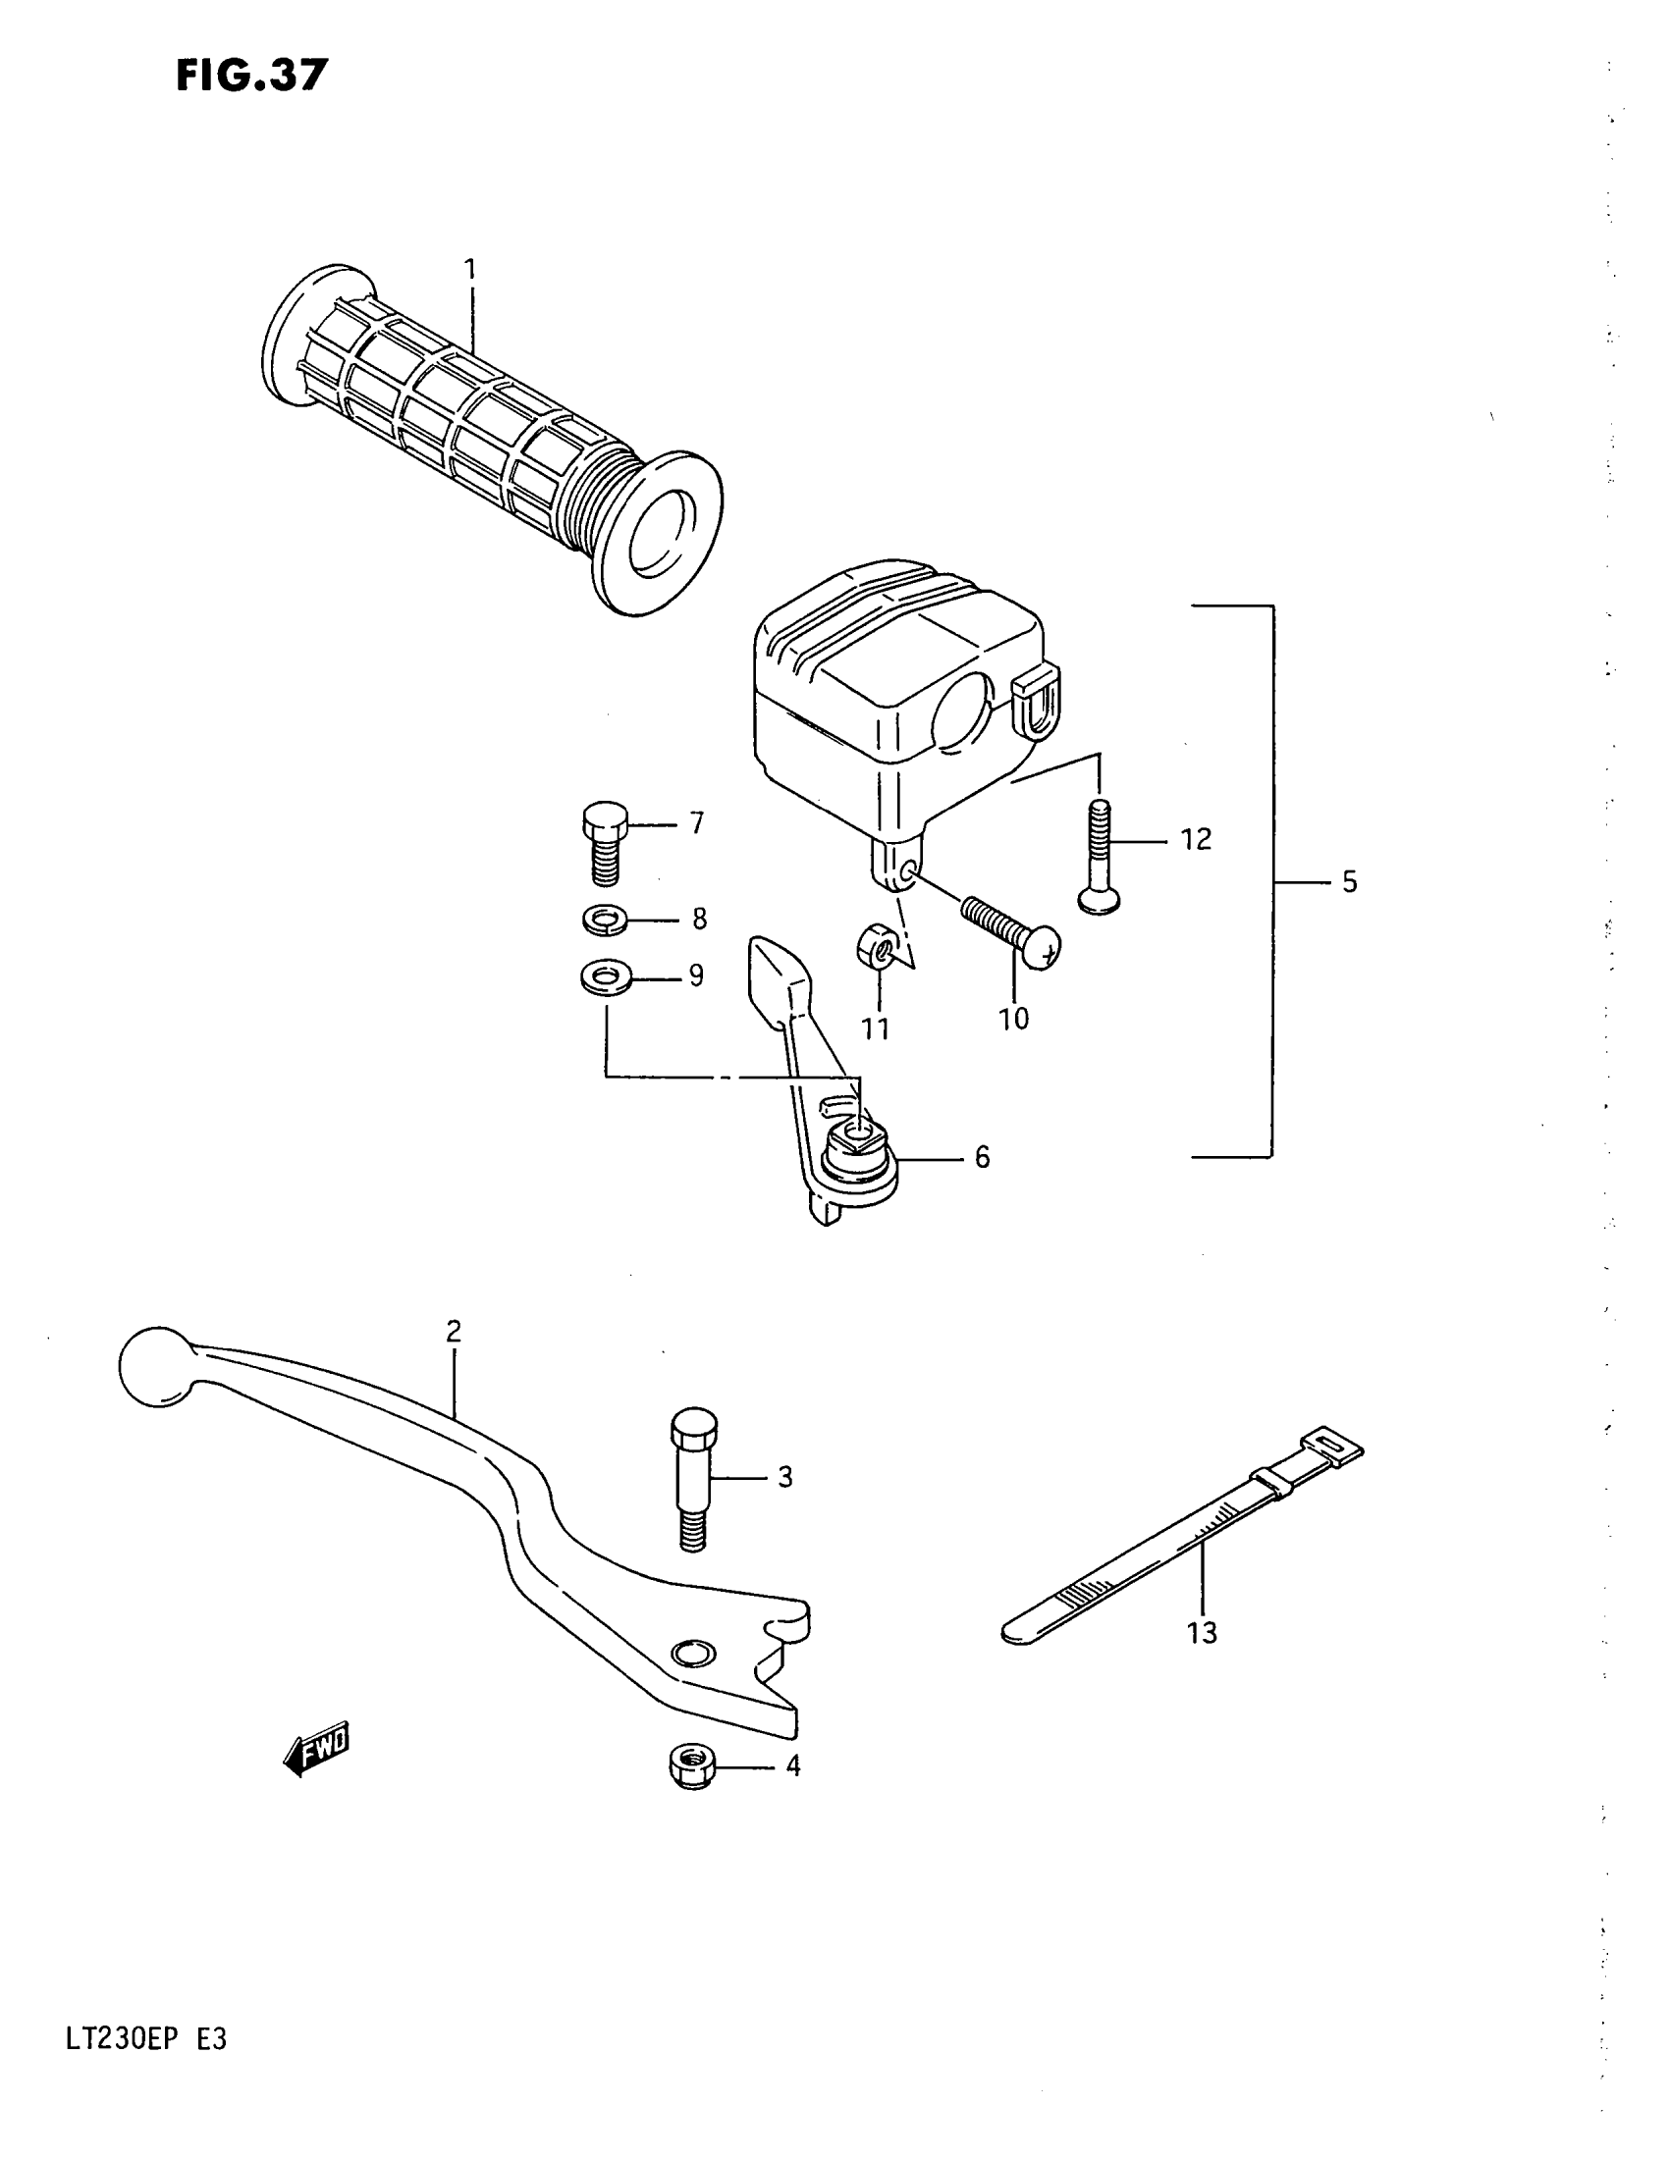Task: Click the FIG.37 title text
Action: [x=251, y=75]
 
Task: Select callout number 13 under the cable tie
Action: [x=1202, y=1632]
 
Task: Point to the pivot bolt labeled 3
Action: [x=693, y=1478]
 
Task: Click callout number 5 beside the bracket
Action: [x=1349, y=882]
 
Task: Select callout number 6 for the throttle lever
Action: [x=981, y=1157]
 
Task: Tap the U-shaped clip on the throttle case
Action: [x=1038, y=700]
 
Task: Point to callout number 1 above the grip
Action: [x=470, y=269]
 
